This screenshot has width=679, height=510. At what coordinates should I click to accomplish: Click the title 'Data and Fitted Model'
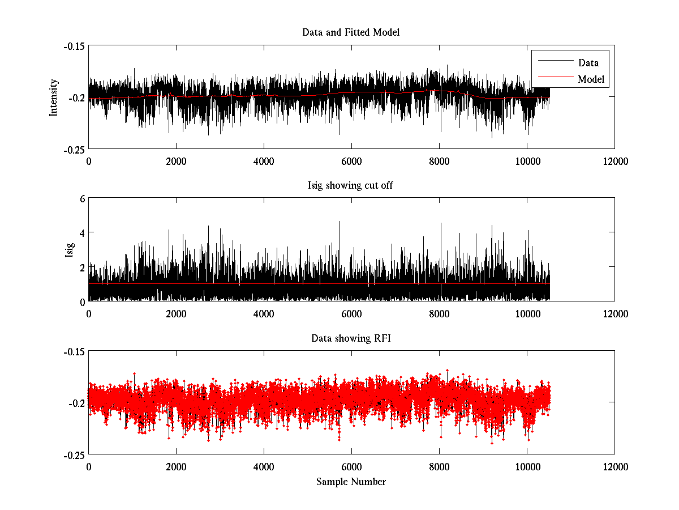pyautogui.click(x=351, y=32)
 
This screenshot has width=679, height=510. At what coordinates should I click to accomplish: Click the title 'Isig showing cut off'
pyautogui.click(x=351, y=185)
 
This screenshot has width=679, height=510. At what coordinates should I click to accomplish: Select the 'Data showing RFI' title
pyautogui.click(x=351, y=338)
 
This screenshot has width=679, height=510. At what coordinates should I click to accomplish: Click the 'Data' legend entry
pyautogui.click(x=588, y=63)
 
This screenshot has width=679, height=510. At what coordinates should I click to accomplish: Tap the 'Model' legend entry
pyautogui.click(x=591, y=79)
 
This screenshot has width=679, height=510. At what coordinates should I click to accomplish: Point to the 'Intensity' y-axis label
pyautogui.click(x=54, y=97)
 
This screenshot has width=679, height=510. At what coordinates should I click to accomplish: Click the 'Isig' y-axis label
pyautogui.click(x=70, y=250)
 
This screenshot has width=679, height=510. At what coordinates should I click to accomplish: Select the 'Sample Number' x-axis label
pyautogui.click(x=351, y=482)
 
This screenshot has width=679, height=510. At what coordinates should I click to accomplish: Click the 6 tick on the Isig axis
pyautogui.click(x=81, y=198)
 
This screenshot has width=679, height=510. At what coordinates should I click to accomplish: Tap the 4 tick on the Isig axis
pyautogui.click(x=81, y=232)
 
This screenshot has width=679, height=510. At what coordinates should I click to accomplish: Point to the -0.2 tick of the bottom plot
pyautogui.click(x=77, y=403)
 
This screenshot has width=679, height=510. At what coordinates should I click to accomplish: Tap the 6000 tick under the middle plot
pyautogui.click(x=351, y=313)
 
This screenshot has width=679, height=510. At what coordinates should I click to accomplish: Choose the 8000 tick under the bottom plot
pyautogui.click(x=439, y=467)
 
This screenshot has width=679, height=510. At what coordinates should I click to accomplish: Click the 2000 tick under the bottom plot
pyautogui.click(x=176, y=467)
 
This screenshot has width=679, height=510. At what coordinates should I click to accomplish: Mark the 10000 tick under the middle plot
pyautogui.click(x=527, y=313)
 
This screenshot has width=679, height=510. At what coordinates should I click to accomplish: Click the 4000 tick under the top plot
pyautogui.click(x=264, y=161)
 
